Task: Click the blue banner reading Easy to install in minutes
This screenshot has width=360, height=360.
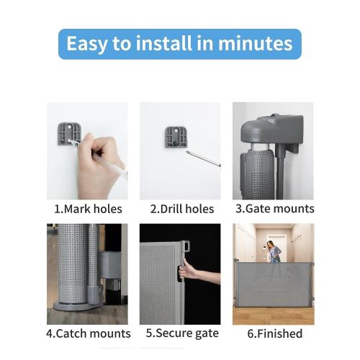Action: (179, 43)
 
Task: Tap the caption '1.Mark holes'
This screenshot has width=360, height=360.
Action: (88, 209)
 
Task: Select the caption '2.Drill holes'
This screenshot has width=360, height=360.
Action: (181, 209)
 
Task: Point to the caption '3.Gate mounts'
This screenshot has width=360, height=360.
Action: (274, 209)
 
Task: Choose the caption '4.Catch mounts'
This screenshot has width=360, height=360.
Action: (88, 333)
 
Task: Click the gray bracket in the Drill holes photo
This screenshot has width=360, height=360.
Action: (175, 137)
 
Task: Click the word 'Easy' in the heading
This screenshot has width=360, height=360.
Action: (86, 43)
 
